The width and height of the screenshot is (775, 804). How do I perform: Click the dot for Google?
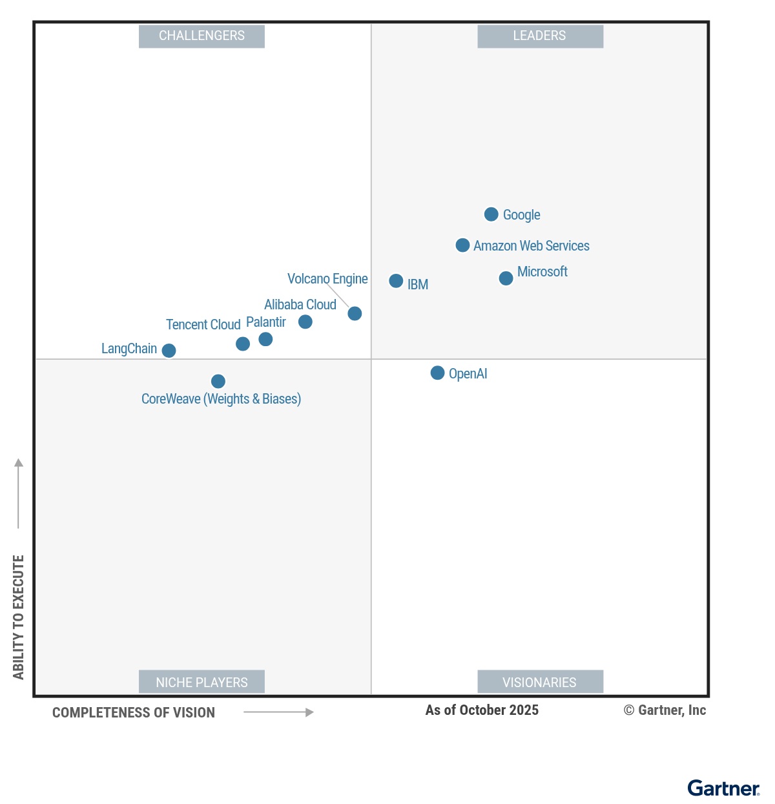coord(491,214)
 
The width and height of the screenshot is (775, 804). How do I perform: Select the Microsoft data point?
coord(506,278)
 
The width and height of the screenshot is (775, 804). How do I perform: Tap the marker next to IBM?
coord(396,281)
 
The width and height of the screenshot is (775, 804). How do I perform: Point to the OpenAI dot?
coord(437,373)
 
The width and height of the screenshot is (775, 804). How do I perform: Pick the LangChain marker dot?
coord(169,351)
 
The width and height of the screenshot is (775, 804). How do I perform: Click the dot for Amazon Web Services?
coord(462,245)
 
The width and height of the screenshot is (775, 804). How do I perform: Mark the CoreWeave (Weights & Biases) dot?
coord(218,382)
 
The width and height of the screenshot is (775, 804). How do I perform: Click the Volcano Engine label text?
coord(327,279)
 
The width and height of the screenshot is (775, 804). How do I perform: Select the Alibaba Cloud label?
coord(300,305)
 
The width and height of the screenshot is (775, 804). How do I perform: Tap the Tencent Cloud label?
coord(203,325)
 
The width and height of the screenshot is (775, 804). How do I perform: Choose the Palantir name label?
coord(266,322)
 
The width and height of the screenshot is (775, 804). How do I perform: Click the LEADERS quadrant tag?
coord(540,36)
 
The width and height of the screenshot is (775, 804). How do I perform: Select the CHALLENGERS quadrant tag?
coord(201,36)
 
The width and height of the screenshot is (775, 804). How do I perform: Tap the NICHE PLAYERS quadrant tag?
coord(201,682)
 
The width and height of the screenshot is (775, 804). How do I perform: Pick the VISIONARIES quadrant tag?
coord(540,682)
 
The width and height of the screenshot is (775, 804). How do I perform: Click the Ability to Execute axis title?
coord(18,617)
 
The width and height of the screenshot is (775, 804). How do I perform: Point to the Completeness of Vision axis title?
coord(134,713)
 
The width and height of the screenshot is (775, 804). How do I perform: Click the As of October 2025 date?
coord(482,710)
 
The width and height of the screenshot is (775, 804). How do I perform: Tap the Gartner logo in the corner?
coord(723,789)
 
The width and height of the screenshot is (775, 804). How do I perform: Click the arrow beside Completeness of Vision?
coord(278,712)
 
